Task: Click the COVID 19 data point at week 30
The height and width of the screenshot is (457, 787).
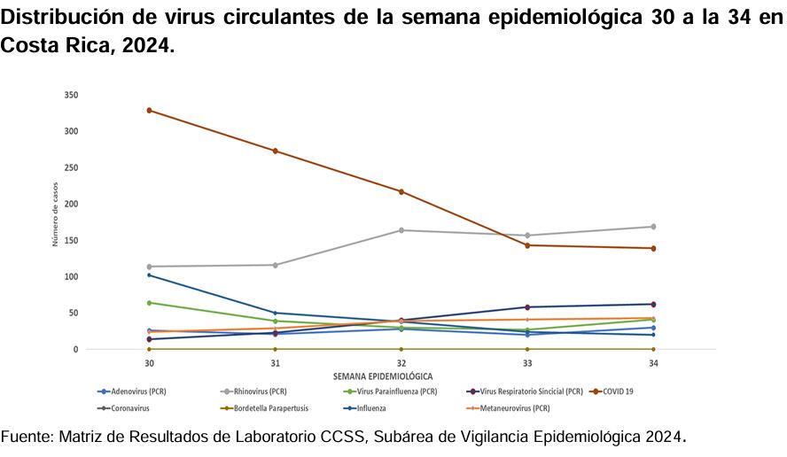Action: click(x=150, y=111)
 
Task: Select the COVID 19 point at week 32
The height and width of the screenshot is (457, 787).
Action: click(x=401, y=192)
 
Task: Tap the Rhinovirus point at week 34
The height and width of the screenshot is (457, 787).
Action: click(x=653, y=227)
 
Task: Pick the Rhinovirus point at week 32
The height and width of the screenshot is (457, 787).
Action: click(x=401, y=230)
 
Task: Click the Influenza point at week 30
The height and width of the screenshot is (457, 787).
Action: click(x=150, y=275)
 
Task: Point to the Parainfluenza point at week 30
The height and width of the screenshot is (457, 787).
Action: click(x=150, y=303)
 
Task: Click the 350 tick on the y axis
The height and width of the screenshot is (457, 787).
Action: click(x=72, y=95)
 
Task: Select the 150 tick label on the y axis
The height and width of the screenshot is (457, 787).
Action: click(x=72, y=240)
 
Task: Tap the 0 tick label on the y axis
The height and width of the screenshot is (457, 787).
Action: click(x=75, y=350)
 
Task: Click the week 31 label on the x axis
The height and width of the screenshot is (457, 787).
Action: click(x=276, y=364)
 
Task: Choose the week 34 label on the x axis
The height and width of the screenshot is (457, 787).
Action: click(x=653, y=364)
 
